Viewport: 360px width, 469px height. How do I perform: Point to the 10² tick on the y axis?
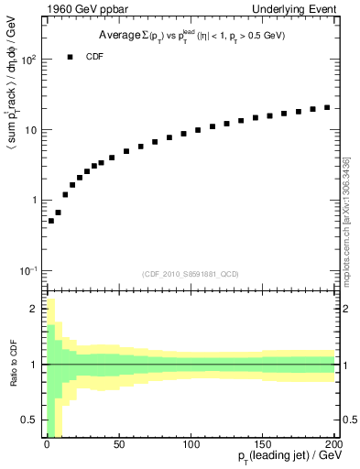[x=27, y=60]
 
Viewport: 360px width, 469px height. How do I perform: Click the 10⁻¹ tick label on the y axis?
[x=27, y=270]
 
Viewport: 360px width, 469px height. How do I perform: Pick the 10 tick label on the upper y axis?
[x=29, y=130]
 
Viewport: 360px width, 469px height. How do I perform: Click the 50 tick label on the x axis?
[x=118, y=444]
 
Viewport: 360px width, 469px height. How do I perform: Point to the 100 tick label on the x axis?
[x=191, y=444]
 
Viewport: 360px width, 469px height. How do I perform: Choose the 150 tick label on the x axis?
[x=264, y=444]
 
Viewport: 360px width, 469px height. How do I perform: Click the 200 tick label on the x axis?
[x=334, y=444]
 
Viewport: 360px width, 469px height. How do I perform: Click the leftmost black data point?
[x=50, y=221]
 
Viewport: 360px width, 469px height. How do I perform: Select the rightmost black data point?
[x=327, y=107]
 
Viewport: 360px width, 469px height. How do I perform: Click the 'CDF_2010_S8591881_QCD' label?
[x=191, y=274]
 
